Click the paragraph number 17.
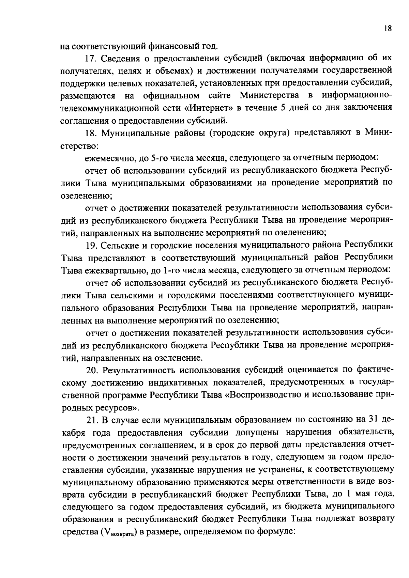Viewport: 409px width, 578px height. coord(90,58)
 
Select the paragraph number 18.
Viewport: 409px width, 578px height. coord(90,133)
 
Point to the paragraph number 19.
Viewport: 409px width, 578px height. coord(90,245)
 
